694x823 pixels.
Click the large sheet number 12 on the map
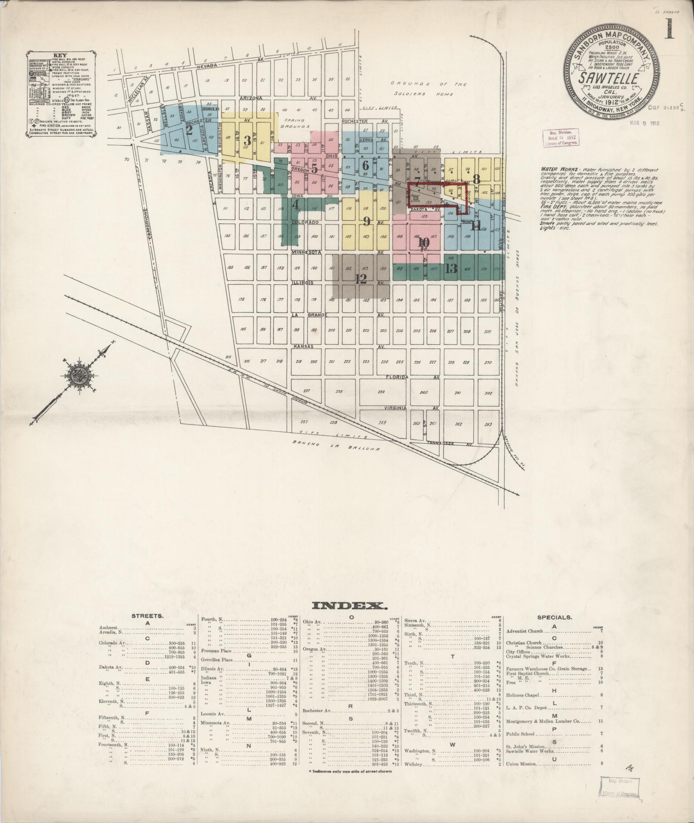pyautogui.click(x=361, y=279)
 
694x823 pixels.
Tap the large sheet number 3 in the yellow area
pyautogui.click(x=247, y=140)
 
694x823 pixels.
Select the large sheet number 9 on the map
pyautogui.click(x=367, y=221)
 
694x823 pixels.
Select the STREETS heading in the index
pyautogui.click(x=147, y=616)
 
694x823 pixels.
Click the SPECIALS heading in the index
pyautogui.click(x=554, y=617)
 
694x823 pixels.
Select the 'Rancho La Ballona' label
pyautogui.click(x=335, y=446)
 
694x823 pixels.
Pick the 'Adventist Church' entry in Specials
pyautogui.click(x=524, y=631)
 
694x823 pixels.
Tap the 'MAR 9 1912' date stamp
pyautogui.click(x=644, y=123)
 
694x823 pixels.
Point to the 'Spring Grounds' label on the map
pyautogui.click(x=294, y=124)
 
